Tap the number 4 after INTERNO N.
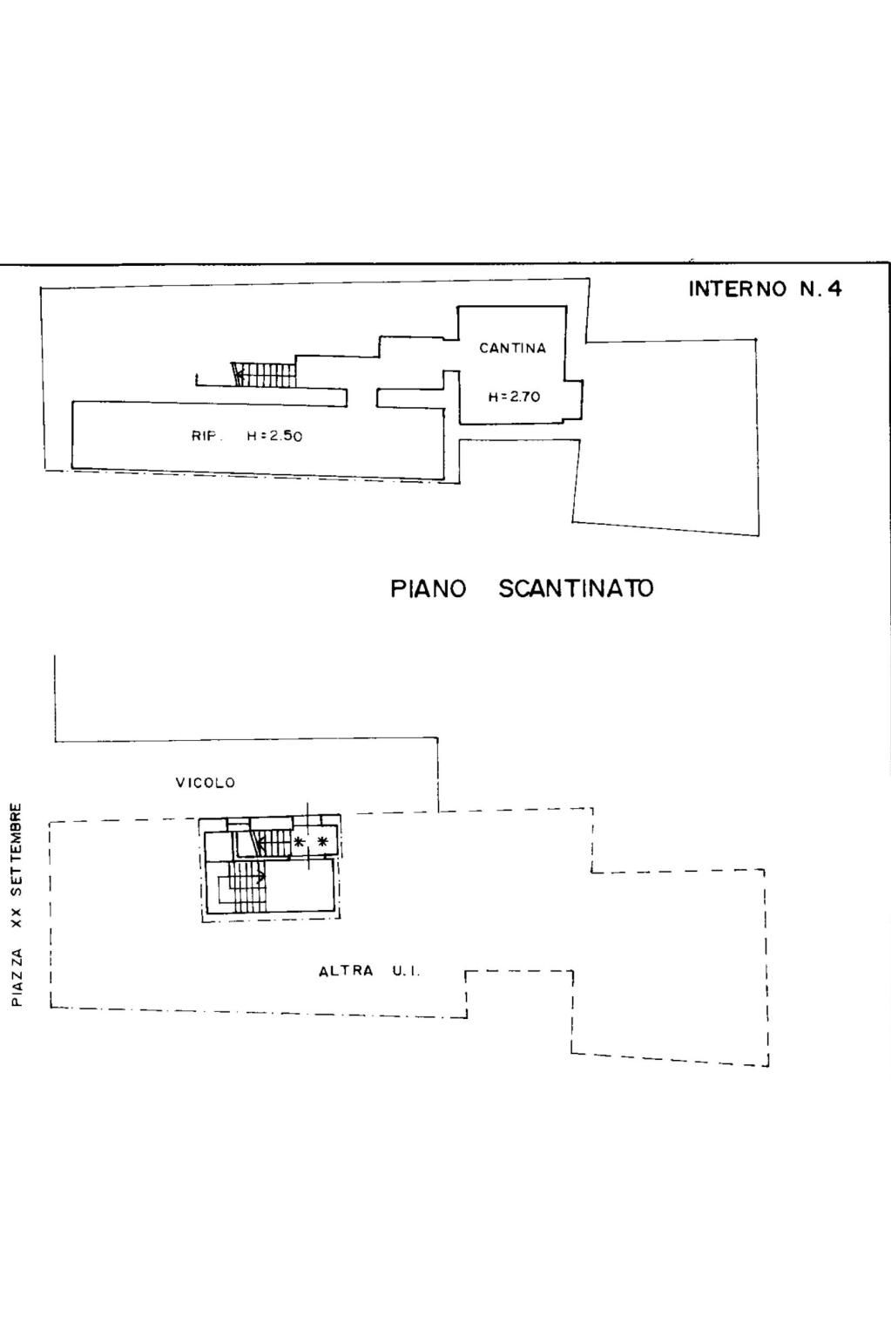pyautogui.click(x=835, y=289)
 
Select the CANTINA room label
pyautogui.click(x=513, y=348)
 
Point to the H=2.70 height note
pyautogui.click(x=515, y=396)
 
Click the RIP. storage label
pyautogui.click(x=206, y=436)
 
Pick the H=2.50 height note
pyautogui.click(x=275, y=436)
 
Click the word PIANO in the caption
pyautogui.click(x=428, y=588)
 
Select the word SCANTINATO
pyautogui.click(x=576, y=588)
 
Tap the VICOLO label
pyautogui.click(x=206, y=782)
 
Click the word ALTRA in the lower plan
pyautogui.click(x=346, y=971)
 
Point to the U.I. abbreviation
pyautogui.click(x=407, y=971)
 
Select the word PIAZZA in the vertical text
pyautogui.click(x=17, y=977)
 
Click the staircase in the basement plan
pyautogui.click(x=264, y=374)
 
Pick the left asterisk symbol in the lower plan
pyautogui.click(x=299, y=842)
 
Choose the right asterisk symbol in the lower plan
pyautogui.click(x=323, y=842)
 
